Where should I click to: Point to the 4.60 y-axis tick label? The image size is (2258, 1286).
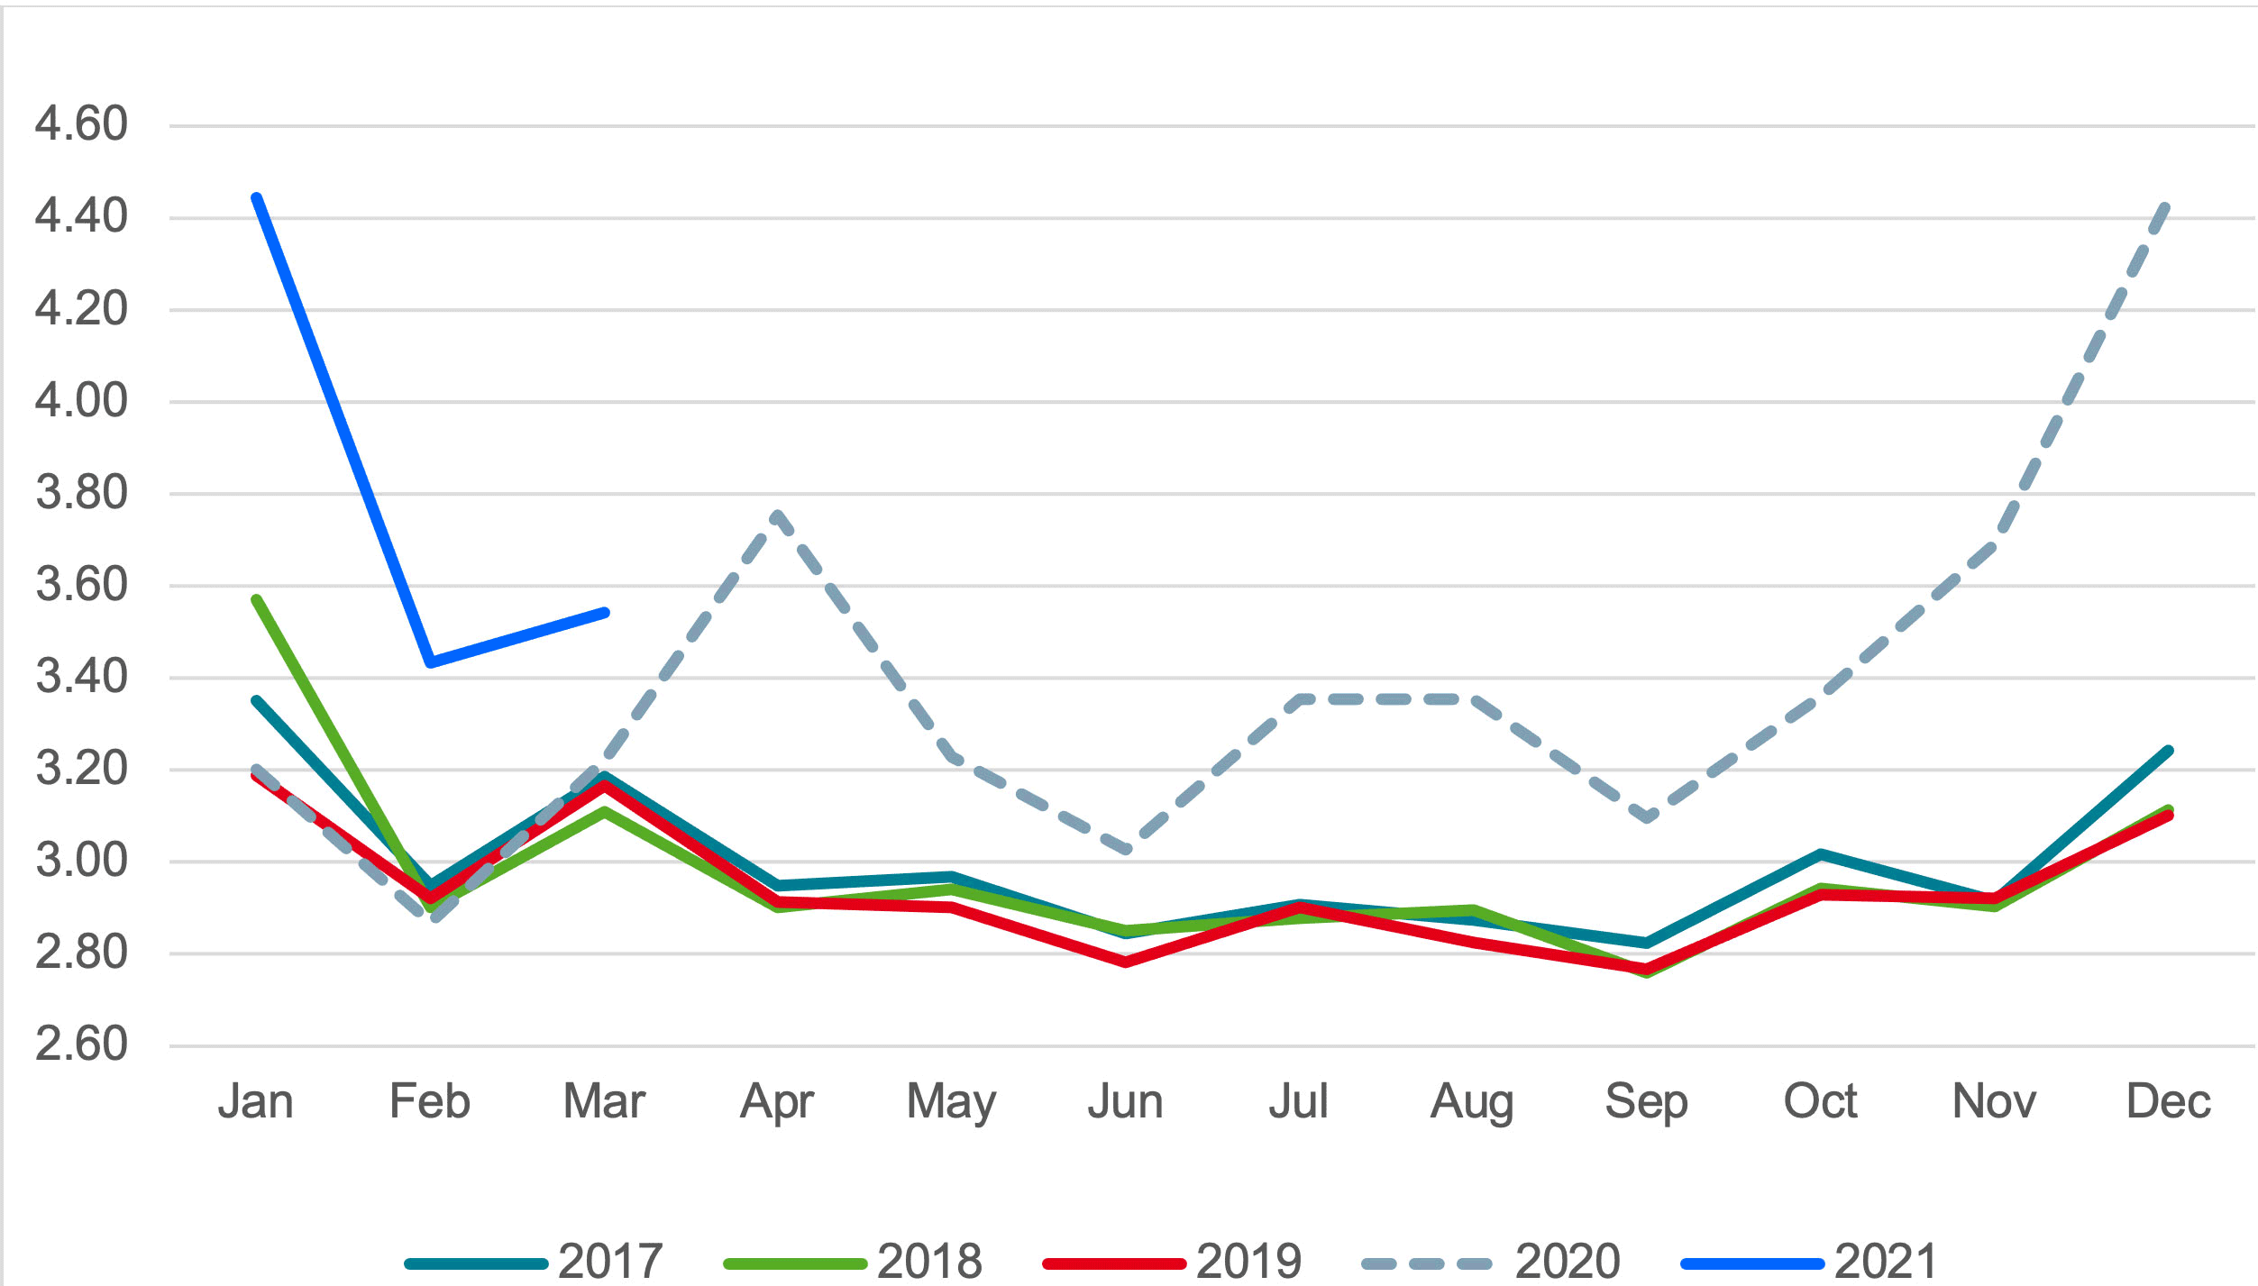coord(81,123)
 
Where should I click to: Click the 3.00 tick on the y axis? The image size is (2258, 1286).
coord(81,861)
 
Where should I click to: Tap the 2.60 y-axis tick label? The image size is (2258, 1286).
coord(81,1044)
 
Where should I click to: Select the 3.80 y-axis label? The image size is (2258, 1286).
coord(81,493)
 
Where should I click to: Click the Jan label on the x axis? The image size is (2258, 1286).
coord(256,1101)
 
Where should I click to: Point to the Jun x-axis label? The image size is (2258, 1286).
coord(1125,1101)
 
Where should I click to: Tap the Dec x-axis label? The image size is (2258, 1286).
coord(2168,1101)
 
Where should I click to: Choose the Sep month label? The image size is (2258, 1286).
coord(1646,1101)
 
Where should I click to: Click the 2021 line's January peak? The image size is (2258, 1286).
coord(257,197)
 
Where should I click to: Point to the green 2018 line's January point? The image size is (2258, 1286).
coord(257,599)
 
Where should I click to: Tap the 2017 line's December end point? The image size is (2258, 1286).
coord(2168,751)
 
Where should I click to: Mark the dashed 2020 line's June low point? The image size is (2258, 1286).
coord(1126,849)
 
